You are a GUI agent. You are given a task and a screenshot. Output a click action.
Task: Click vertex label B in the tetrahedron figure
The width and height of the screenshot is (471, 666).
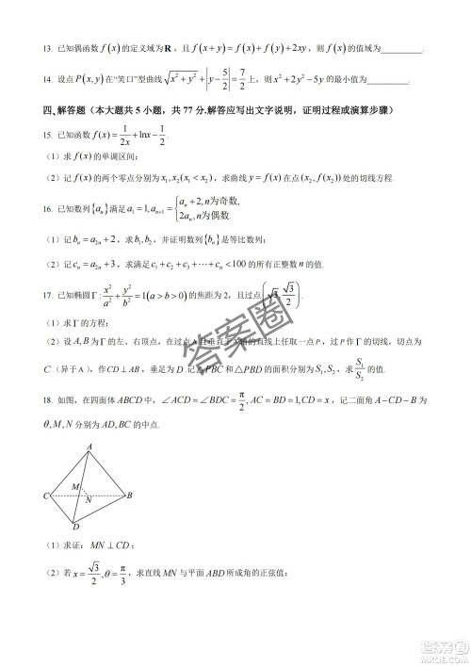[129, 495]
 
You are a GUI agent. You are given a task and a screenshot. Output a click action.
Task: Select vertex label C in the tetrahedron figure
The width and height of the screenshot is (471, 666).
[45, 495]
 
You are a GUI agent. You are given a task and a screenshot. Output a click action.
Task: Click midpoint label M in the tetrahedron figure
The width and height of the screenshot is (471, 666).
[75, 486]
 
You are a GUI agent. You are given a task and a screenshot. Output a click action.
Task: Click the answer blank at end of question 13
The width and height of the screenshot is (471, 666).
[404, 50]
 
